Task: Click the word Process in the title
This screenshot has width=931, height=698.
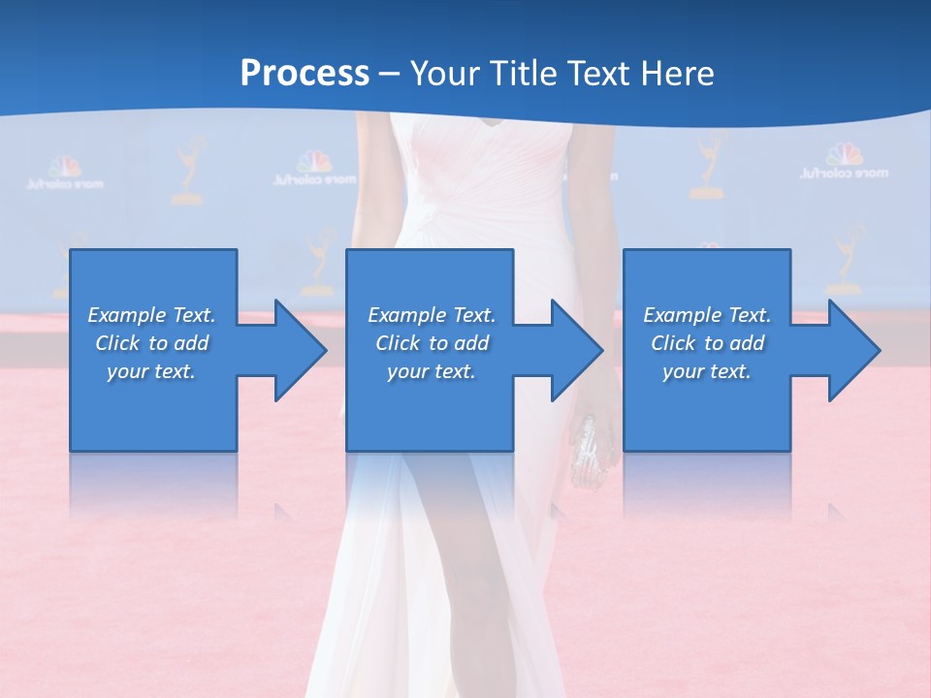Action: point(305,74)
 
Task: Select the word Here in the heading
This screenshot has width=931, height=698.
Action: point(675,74)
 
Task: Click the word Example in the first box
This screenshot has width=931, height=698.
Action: point(127,315)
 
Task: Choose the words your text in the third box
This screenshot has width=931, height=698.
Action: point(706,371)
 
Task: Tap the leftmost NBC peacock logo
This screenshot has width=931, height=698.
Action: point(65,167)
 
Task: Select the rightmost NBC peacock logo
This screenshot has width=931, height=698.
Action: point(844,155)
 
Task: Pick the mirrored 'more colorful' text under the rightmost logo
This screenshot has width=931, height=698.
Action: point(844,174)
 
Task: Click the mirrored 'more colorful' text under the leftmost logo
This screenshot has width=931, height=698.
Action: point(65,182)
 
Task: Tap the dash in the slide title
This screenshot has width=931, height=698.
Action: point(390,74)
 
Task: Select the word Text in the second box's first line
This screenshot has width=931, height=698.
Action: point(474,315)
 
